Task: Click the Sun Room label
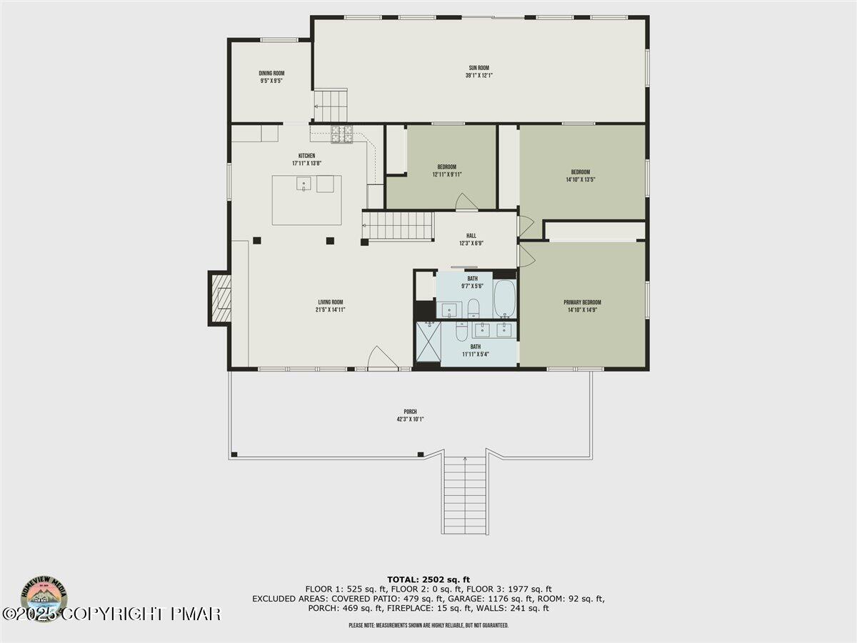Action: pyautogui.click(x=478, y=68)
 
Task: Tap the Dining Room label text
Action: pyautogui.click(x=271, y=74)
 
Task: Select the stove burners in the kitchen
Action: pyautogui.click(x=341, y=131)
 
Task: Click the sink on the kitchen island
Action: pyautogui.click(x=304, y=184)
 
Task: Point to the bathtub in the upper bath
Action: pyautogui.click(x=505, y=299)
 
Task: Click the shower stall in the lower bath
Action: pyautogui.click(x=428, y=344)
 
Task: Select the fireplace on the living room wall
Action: pyautogui.click(x=220, y=298)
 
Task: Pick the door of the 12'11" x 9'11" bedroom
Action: pyautogui.click(x=466, y=202)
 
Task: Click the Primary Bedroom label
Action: pyautogui.click(x=582, y=302)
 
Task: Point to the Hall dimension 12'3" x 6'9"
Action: pyautogui.click(x=471, y=244)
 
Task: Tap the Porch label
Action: pyautogui.click(x=410, y=412)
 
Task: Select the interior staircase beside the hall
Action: pyautogui.click(x=399, y=226)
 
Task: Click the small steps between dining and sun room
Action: pyautogui.click(x=331, y=106)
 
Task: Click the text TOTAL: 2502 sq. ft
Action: pyautogui.click(x=428, y=579)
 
